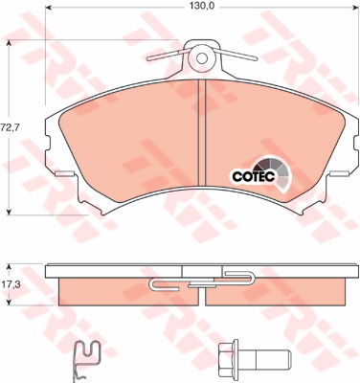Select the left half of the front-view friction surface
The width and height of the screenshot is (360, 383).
tap(124, 139)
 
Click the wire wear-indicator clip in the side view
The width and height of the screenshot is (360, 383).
tap(201, 282)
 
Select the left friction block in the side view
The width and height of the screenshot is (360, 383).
tap(105, 288)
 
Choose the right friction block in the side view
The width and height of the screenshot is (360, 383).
tap(297, 288)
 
